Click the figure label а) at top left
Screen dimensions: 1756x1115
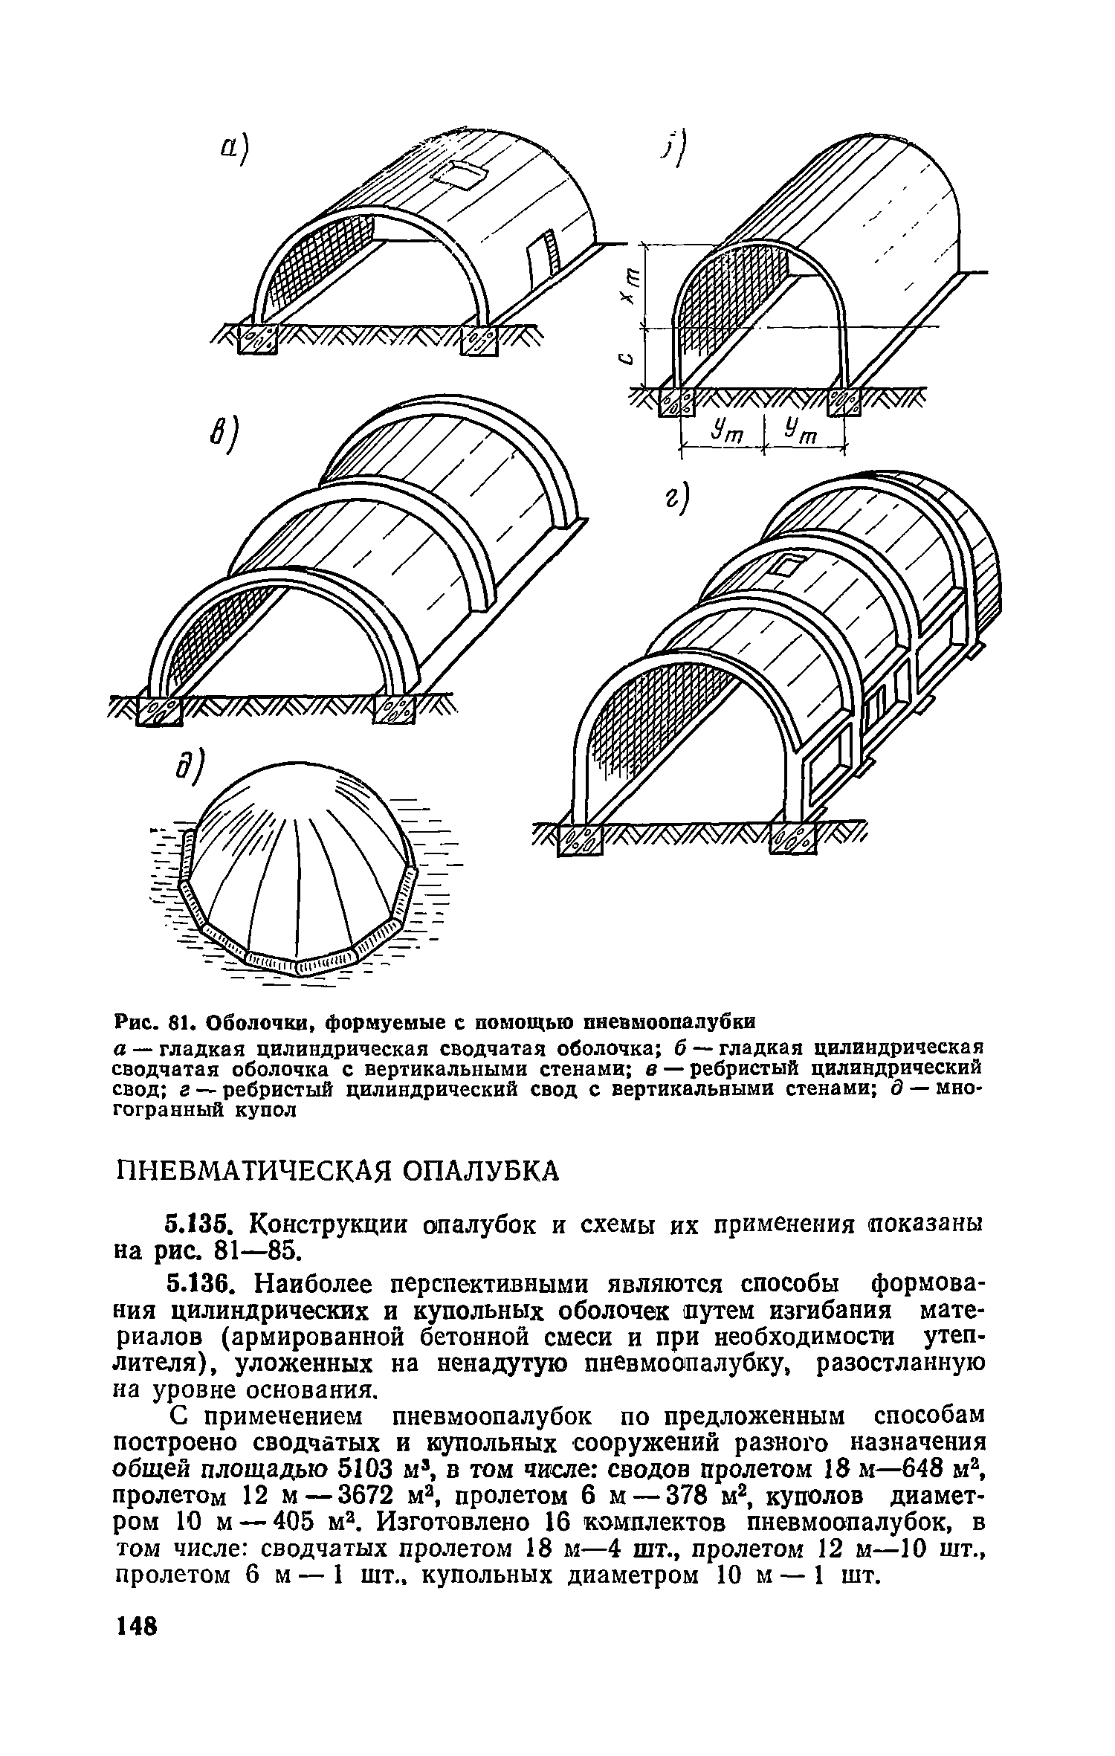point(236,155)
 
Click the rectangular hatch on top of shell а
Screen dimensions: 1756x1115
point(462,172)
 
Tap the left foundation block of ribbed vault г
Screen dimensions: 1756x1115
point(579,841)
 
